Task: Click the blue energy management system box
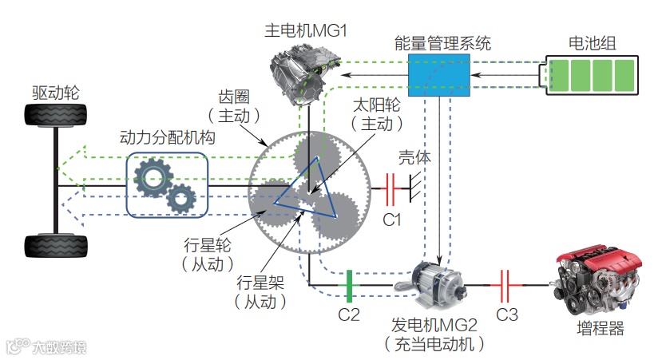coord(438,76)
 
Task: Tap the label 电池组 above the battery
coord(592,42)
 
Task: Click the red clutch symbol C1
coord(391,190)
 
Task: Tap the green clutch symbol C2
coord(348,284)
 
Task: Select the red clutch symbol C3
coord(506,284)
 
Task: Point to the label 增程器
coord(600,330)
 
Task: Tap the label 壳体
coord(415,157)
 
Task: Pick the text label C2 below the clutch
coord(349,314)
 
